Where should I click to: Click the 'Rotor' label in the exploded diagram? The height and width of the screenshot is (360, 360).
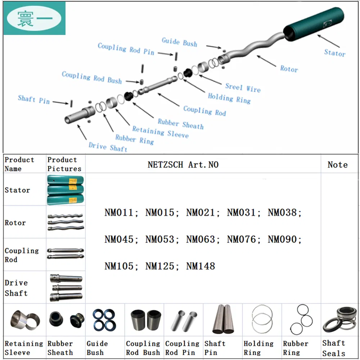[289, 68]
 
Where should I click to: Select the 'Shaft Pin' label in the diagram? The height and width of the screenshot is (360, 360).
[34, 99]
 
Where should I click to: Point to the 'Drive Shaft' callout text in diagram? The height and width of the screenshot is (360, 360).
[108, 147]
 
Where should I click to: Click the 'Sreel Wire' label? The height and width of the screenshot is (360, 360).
[243, 87]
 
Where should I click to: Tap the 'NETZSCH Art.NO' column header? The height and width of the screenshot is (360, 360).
[183, 165]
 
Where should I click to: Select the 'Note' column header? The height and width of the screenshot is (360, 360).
[337, 165]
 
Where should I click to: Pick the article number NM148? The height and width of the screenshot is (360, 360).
[201, 266]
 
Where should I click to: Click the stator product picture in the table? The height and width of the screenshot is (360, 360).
[66, 190]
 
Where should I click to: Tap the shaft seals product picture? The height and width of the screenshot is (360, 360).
[339, 320]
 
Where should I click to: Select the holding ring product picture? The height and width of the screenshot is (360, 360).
[262, 320]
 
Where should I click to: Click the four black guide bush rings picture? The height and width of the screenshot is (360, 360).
[104, 320]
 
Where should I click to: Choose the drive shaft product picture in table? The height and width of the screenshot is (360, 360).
[66, 287]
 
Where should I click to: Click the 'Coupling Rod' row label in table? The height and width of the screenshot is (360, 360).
[21, 255]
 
